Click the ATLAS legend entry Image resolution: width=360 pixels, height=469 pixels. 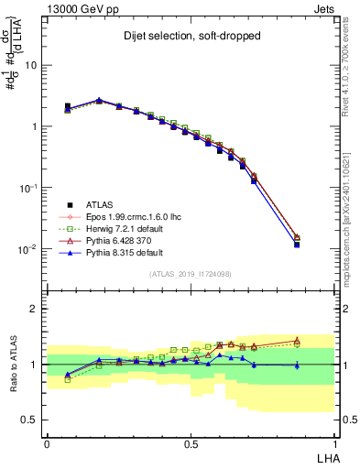(x=98, y=204)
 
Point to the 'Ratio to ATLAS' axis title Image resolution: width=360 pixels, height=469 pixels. (x=17, y=364)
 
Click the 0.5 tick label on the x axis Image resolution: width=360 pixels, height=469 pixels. (x=191, y=442)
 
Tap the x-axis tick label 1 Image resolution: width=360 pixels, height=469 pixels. (x=334, y=442)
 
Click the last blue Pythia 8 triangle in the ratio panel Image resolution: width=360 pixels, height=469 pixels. (x=297, y=365)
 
